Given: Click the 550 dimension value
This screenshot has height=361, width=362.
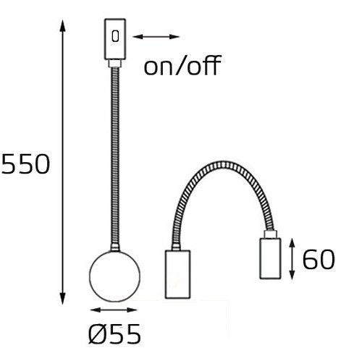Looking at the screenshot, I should (26, 165).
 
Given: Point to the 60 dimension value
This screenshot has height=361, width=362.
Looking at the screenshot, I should (318, 259).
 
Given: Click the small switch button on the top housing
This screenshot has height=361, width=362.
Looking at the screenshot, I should (115, 36).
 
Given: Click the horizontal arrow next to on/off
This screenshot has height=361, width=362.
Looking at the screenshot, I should (156, 36).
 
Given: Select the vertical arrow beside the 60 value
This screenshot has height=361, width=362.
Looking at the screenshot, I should (292, 259).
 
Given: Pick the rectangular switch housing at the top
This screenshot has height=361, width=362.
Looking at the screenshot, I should (114, 41).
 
